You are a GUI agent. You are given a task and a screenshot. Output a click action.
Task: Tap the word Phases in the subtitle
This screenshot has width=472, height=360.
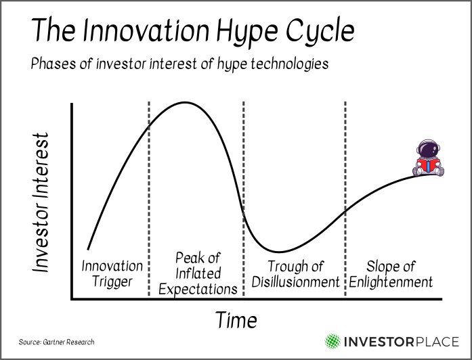click(x=53, y=64)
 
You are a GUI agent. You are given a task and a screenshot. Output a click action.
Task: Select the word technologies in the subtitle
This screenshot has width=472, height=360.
click(x=289, y=64)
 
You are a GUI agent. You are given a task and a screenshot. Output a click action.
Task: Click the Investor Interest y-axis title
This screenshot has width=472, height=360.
click(x=41, y=202)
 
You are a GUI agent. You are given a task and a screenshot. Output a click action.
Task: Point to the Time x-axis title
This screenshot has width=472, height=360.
click(x=236, y=320)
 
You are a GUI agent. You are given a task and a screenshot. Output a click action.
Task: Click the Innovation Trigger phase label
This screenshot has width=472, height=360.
click(x=112, y=274)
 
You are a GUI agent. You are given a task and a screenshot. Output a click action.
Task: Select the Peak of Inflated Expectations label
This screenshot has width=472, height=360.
click(x=198, y=273)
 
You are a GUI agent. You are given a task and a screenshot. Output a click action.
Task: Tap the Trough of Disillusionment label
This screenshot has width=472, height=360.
click(x=295, y=274)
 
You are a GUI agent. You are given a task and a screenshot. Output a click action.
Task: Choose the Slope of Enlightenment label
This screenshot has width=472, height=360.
click(x=391, y=274)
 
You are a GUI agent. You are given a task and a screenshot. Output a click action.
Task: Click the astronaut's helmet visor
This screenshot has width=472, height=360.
click(x=428, y=149)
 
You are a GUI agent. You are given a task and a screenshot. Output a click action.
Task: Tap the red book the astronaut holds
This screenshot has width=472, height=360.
click(x=428, y=166)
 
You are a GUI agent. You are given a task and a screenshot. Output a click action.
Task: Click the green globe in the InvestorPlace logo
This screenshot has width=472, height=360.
click(x=332, y=341)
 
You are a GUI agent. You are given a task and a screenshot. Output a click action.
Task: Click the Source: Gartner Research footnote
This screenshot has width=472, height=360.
click(x=56, y=342)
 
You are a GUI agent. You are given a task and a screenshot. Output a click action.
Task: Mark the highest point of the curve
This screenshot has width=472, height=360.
click(x=185, y=103)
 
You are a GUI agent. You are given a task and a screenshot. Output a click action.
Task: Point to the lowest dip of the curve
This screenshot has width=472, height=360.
click(x=278, y=252)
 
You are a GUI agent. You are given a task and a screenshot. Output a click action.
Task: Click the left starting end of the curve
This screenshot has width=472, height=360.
click(x=88, y=249)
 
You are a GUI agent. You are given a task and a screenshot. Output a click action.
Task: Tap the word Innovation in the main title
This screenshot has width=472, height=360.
click(x=146, y=30)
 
